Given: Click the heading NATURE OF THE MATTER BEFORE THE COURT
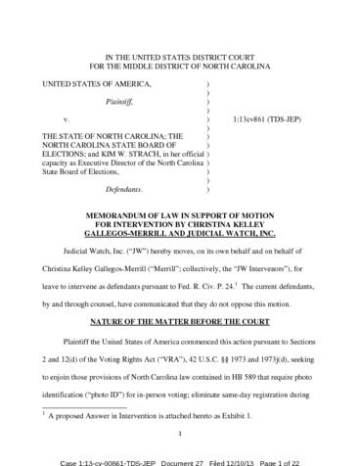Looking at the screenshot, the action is (x=179, y=294).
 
